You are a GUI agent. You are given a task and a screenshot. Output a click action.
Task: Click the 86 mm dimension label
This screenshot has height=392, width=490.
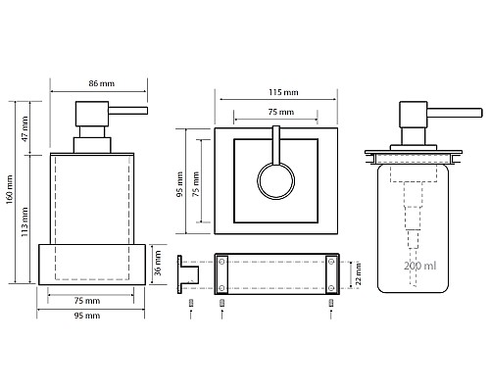102,83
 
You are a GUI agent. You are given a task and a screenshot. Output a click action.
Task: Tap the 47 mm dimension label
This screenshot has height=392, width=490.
24,128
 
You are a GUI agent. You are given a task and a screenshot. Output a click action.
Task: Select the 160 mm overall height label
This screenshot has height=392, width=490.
9,190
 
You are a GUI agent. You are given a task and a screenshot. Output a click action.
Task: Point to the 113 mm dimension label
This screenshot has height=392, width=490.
24,222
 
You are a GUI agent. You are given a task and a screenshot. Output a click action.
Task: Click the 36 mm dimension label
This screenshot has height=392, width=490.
158,263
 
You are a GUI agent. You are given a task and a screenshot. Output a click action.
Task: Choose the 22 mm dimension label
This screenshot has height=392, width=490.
359,273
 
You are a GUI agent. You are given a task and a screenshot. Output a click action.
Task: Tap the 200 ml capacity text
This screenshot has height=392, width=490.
419,266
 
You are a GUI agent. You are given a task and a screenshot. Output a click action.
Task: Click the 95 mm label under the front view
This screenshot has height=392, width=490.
87,316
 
